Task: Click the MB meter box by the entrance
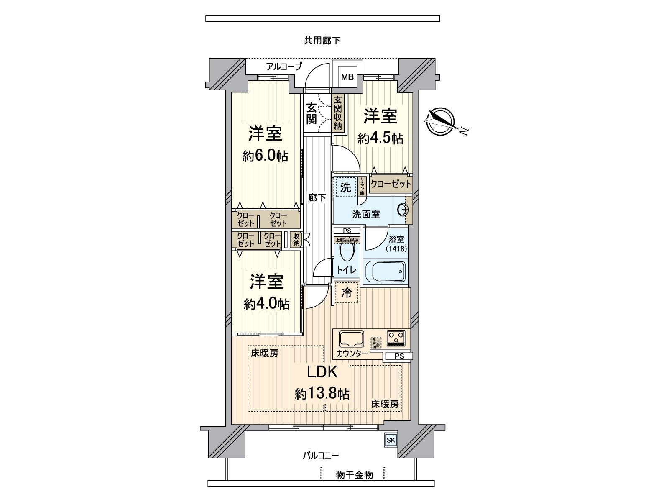click(x=347, y=77)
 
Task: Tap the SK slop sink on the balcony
click(x=391, y=440)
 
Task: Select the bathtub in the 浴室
click(x=385, y=271)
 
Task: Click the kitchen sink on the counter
click(x=351, y=339)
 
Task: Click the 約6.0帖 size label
click(x=265, y=156)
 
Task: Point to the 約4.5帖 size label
click(x=380, y=138)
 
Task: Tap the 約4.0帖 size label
click(x=266, y=304)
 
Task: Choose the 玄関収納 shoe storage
click(x=338, y=113)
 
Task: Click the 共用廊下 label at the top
click(x=322, y=41)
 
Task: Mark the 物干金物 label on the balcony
click(x=354, y=475)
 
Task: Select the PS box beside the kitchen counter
click(x=399, y=356)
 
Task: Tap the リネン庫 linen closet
click(x=362, y=187)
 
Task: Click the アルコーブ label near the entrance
click(x=284, y=67)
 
